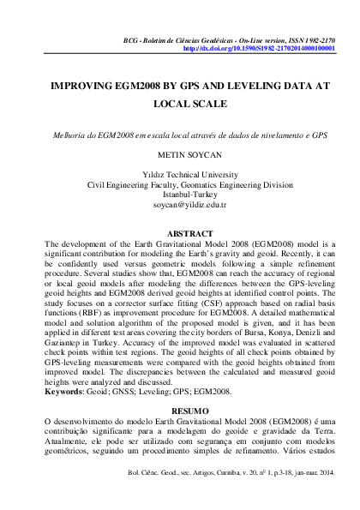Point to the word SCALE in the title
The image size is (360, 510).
tap(210, 105)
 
